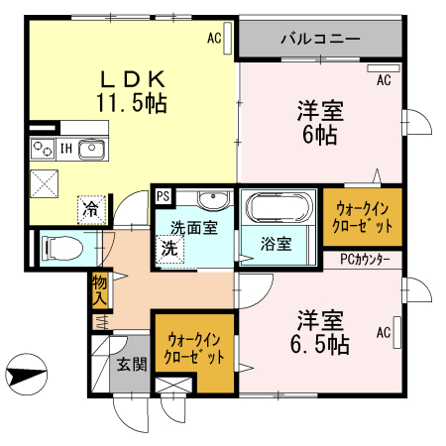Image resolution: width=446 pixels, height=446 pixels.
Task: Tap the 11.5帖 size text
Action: (x=130, y=101)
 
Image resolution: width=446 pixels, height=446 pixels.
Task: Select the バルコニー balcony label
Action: (x=319, y=40)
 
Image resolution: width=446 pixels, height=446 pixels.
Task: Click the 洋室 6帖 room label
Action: (x=319, y=122)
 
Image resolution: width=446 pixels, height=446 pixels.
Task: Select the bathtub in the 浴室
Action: (x=276, y=207)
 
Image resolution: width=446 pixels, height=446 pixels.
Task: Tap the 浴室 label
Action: (x=275, y=243)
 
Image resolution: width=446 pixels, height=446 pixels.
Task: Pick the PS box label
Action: (x=163, y=195)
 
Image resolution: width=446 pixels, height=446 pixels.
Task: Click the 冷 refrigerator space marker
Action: (x=90, y=209)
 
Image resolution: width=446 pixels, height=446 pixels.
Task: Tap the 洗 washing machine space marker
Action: (x=168, y=249)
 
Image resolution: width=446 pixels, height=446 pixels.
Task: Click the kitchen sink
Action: (x=91, y=150)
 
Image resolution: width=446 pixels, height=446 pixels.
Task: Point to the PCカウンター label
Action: (x=364, y=260)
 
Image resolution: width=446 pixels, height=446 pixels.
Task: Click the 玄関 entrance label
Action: (x=131, y=364)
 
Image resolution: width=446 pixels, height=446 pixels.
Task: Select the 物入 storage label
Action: (x=99, y=288)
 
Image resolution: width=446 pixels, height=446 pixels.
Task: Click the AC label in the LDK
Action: (x=213, y=40)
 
